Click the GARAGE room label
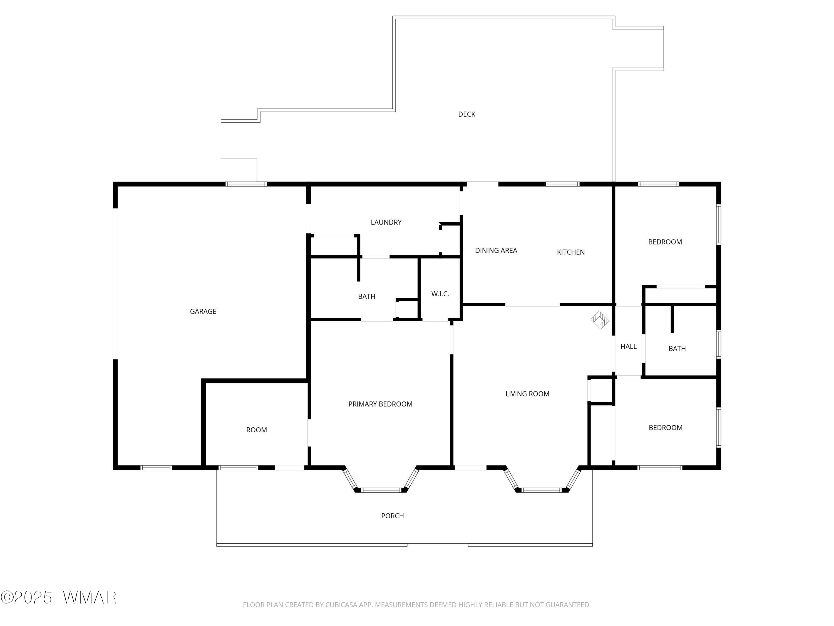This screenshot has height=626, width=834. coord(203,311)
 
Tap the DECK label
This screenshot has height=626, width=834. coord(466,114)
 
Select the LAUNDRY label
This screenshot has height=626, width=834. coord(386,222)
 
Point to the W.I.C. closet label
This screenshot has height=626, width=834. coord(440,294)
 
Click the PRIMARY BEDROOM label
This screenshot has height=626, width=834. coord(380,404)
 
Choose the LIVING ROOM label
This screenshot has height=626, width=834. coord(527,394)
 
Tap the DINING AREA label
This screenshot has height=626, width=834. coord(496,251)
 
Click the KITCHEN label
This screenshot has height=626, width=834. coord(570,252)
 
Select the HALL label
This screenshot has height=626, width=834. coord(629,346)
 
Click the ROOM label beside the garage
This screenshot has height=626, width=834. coord(256,430)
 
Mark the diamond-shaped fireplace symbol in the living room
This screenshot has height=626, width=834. coord(600,320)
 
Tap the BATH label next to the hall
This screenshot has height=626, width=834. coord(677,349)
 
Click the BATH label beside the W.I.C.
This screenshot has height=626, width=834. coord(366,297)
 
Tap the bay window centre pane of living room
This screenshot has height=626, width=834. coord(542,490)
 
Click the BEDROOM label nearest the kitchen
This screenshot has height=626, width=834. coord(665,242)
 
